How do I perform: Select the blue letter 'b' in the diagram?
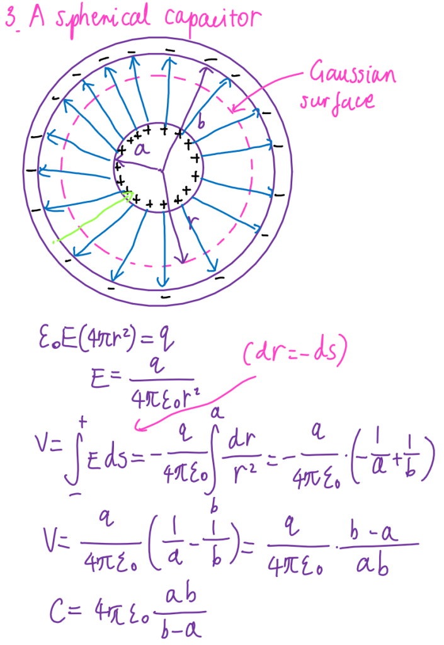tap(201, 124)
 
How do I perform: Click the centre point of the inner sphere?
tap(161, 169)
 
